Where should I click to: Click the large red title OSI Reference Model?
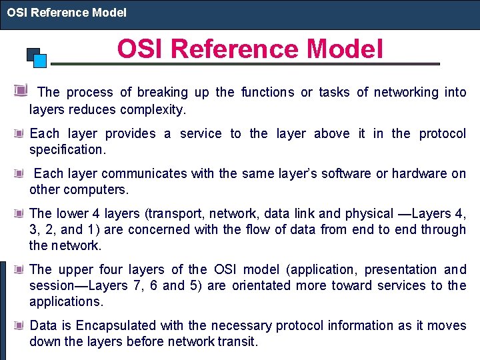(250, 49)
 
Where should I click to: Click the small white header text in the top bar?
(67, 12)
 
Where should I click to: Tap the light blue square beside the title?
(40, 61)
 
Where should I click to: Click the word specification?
(67, 150)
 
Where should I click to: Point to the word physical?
(369, 214)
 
